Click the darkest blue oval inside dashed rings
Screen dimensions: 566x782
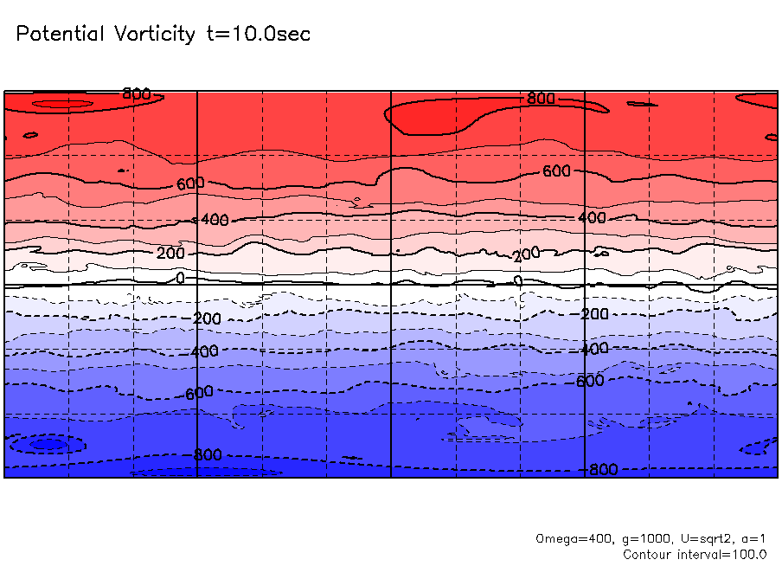point(48,444)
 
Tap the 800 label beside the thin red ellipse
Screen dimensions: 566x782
point(136,93)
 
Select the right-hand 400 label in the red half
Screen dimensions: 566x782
point(592,218)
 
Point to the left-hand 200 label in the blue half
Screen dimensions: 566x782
point(206,318)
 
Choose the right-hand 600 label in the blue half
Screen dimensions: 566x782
point(589,381)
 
